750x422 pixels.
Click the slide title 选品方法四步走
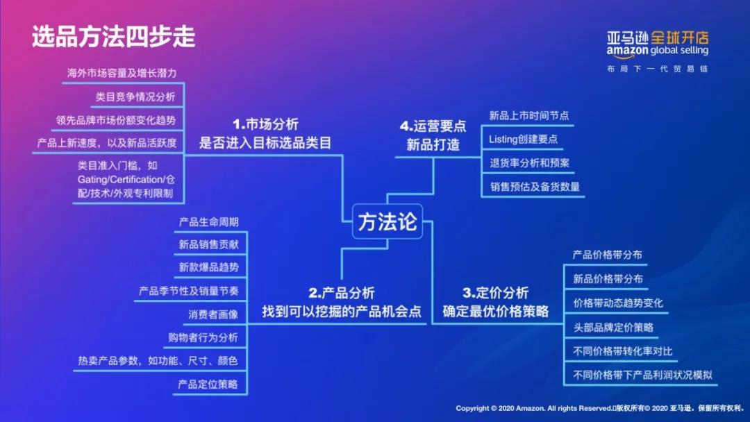tap(114, 37)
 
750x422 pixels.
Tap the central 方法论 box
tap(387, 221)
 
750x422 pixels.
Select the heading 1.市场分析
tap(265, 125)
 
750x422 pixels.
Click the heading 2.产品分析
tap(342, 293)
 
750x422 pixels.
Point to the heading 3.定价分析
tap(496, 293)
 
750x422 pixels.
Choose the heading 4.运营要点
tap(433, 126)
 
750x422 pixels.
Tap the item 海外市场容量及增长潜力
tap(122, 73)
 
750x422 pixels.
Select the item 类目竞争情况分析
tap(135, 97)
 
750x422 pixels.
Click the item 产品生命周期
tap(208, 222)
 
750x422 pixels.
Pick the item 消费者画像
tap(213, 314)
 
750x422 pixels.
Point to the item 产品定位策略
tap(208, 385)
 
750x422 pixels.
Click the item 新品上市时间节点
tap(529, 116)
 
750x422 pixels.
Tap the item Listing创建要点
tap(524, 139)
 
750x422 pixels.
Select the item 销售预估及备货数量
tap(535, 187)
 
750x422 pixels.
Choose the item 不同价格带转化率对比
tap(623, 351)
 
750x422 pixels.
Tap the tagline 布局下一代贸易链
tap(658, 69)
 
